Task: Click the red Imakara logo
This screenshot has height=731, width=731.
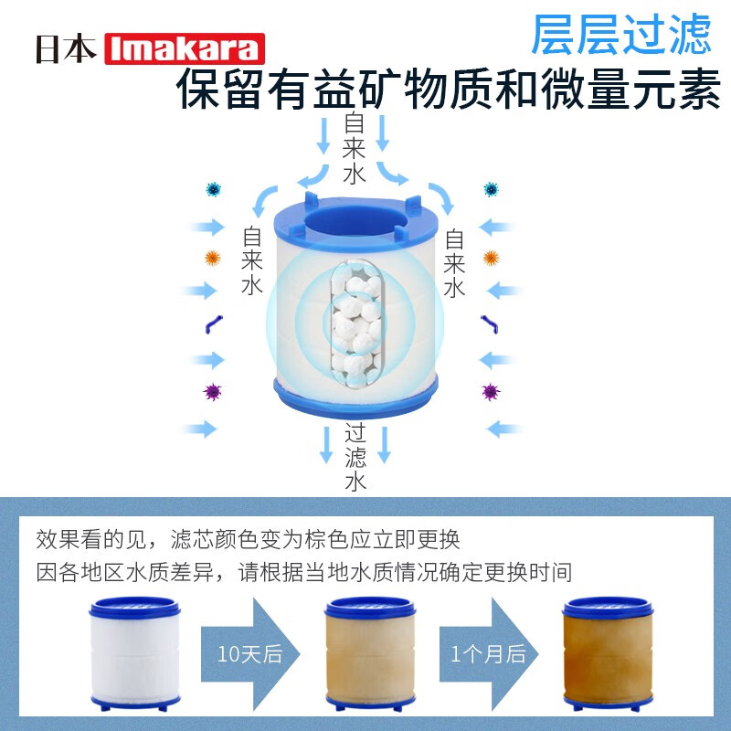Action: coord(185,49)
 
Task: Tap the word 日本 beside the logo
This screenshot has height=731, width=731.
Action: coord(66,49)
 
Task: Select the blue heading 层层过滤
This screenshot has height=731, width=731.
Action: coord(620,35)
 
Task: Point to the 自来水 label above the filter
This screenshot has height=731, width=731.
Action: coord(355,148)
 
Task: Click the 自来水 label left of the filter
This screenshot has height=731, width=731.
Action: coord(252,261)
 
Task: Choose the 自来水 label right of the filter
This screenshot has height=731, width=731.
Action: coord(454,263)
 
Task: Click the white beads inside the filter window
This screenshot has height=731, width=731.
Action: coord(355,320)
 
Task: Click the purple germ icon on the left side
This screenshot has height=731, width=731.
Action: coord(213,392)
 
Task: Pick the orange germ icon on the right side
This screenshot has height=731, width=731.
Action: coord(491,258)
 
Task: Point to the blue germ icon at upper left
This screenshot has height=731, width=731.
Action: coord(214,189)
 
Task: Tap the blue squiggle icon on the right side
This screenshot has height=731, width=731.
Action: coord(491,323)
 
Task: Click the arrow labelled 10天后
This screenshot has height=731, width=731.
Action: coord(245,652)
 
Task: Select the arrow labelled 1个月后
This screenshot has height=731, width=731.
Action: coord(486,652)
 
